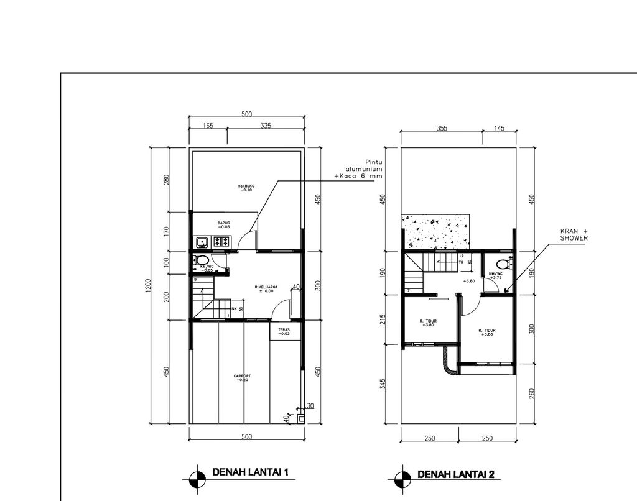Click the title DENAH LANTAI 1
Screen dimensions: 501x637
[x=251, y=472]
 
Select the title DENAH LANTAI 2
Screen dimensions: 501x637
[x=455, y=475]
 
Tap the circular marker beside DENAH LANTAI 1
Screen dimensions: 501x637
[x=197, y=477]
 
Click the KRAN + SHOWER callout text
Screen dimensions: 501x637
[x=573, y=234]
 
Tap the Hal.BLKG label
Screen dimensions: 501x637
[x=246, y=188]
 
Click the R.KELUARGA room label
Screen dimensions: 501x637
[x=266, y=288]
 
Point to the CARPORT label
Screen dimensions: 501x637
[x=242, y=377]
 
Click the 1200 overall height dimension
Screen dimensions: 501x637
[x=148, y=287]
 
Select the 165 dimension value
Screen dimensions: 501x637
[x=208, y=126]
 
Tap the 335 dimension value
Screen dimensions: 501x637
[x=266, y=126]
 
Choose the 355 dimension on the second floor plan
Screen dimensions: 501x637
[x=442, y=128]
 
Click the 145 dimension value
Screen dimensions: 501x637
[x=500, y=128]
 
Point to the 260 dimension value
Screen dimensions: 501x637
[x=532, y=393]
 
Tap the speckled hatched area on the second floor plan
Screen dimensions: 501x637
[x=435, y=231]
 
